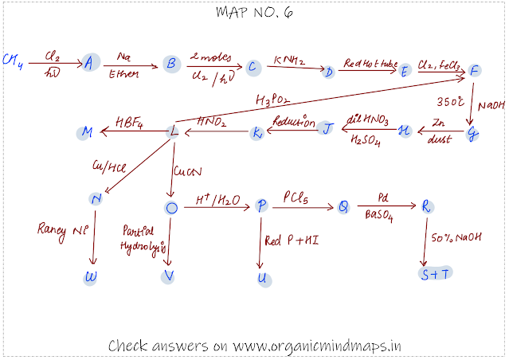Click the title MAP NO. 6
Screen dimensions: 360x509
(x=254, y=13)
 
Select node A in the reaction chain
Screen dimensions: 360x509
(x=90, y=63)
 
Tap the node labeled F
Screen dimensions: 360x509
(x=475, y=70)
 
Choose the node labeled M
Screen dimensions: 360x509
(x=87, y=131)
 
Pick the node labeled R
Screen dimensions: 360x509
(x=428, y=206)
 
